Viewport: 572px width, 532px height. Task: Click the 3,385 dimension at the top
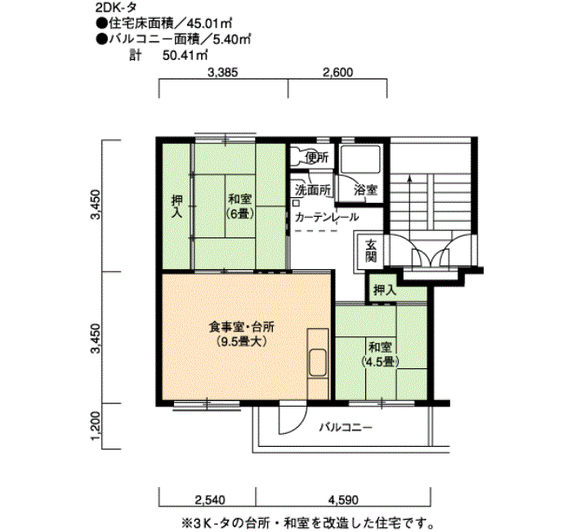(x=222, y=72)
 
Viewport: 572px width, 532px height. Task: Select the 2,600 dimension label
(x=337, y=72)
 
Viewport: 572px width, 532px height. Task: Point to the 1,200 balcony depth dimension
(x=96, y=426)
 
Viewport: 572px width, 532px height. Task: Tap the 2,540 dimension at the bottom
(x=210, y=499)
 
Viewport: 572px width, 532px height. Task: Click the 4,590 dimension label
(x=343, y=499)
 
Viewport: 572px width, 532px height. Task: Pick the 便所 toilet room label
(x=317, y=157)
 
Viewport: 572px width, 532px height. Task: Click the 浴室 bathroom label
(x=365, y=190)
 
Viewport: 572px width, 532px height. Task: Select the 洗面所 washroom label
(x=313, y=190)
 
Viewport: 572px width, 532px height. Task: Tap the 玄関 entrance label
(x=371, y=250)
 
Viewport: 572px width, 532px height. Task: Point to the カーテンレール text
(x=327, y=218)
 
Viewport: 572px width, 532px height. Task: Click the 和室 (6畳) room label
(x=239, y=206)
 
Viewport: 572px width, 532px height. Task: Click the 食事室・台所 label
(x=241, y=327)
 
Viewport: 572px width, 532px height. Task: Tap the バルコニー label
(x=346, y=427)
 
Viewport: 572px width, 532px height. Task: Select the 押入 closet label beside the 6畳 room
(x=177, y=207)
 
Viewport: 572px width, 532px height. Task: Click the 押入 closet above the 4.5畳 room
(x=385, y=290)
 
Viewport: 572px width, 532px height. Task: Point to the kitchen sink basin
(x=317, y=363)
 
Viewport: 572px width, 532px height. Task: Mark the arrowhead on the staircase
(x=409, y=178)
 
